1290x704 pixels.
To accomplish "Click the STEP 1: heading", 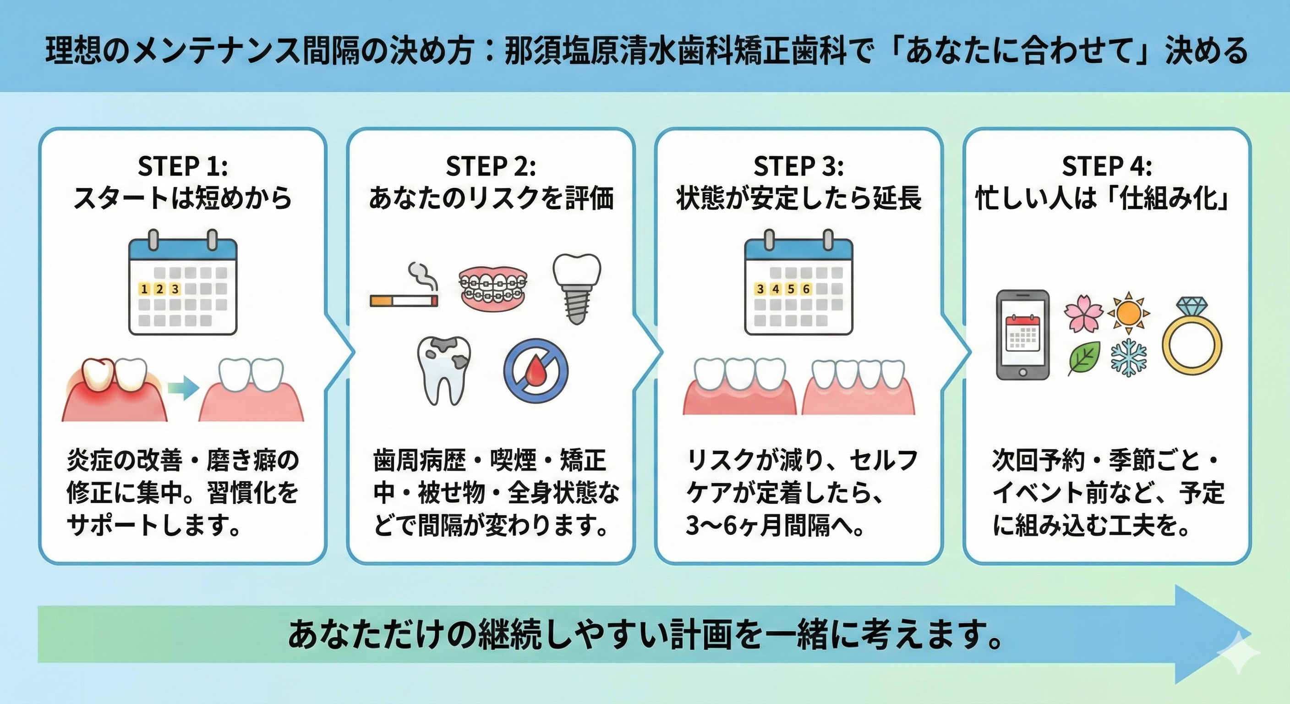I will pos(183,166).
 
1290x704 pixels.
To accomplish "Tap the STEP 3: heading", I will pos(798,166).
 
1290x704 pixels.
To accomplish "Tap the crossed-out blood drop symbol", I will pos(536,370).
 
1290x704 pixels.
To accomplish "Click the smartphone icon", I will pos(1022,335).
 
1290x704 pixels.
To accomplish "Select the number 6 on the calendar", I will pos(806,289).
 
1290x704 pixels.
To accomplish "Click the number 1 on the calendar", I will pos(145,289).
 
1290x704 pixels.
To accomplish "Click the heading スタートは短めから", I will pos(183,199).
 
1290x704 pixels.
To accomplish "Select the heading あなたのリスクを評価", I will pos(491,199).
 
